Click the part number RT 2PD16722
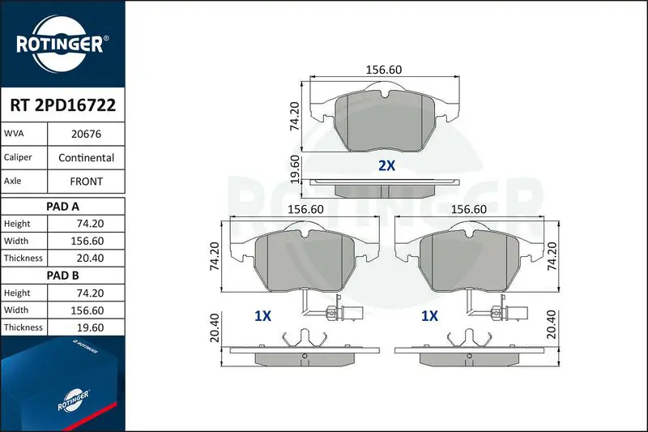[63, 105]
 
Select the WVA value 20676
[86, 134]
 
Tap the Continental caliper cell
[86, 157]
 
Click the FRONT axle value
[86, 182]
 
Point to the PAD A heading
[62, 207]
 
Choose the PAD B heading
[62, 276]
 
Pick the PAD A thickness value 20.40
[90, 258]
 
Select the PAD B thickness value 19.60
[90, 327]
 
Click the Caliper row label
[18, 157]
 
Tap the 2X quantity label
[387, 166]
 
